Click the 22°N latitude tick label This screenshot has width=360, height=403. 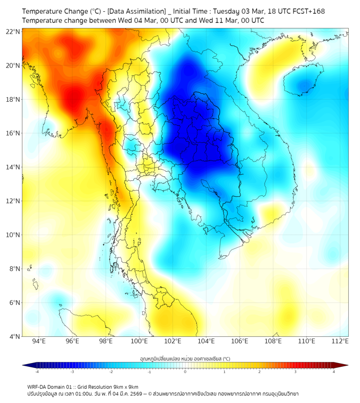[13, 31]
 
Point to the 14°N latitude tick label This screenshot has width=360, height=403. [13, 167]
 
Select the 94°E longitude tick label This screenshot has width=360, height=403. [39, 341]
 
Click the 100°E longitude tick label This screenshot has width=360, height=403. [139, 341]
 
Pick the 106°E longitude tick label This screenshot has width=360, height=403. [240, 341]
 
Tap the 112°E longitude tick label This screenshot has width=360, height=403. [340, 341]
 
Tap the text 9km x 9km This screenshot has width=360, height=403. [125, 386]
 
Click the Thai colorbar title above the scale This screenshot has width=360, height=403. [185, 358]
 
